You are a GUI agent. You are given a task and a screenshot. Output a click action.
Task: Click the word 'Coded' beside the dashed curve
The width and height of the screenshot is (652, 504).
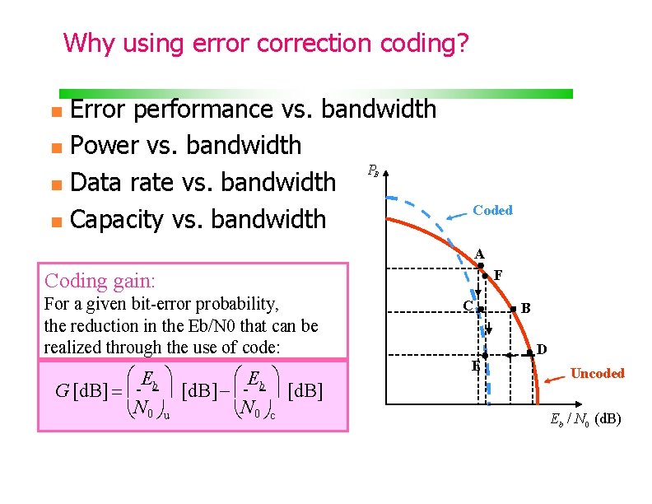coord(492,210)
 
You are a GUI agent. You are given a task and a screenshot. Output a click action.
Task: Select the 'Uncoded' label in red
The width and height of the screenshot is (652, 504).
coord(597,373)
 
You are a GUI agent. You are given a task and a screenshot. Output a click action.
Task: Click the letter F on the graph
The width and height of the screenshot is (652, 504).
coord(498,273)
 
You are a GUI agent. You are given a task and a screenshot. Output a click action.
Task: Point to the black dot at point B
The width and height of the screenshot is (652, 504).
coord(513,310)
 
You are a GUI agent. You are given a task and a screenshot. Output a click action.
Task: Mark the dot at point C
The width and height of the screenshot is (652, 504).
coord(480,310)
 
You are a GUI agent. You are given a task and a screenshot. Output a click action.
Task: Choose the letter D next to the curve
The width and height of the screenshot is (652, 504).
coord(542,349)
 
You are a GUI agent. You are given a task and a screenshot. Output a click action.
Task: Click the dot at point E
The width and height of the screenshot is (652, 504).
coord(485,355)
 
